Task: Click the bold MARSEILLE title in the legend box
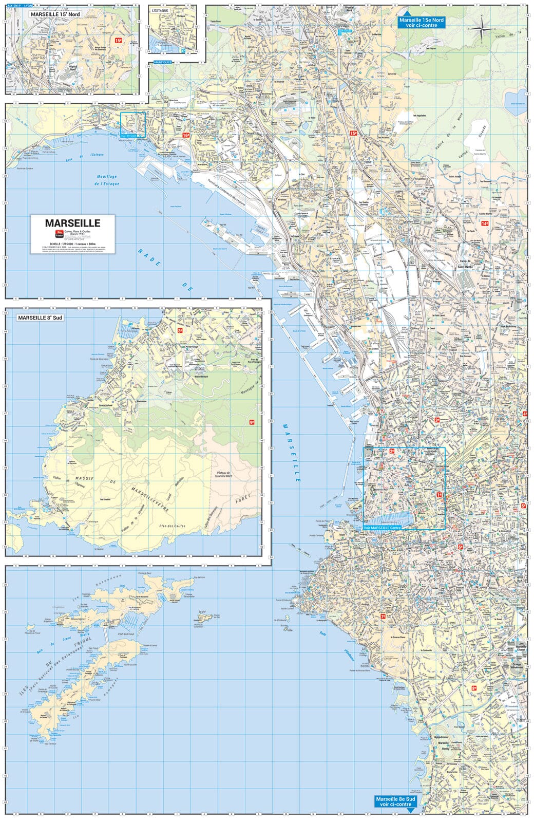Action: pyautogui.click(x=72, y=223)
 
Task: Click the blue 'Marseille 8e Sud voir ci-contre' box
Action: pyautogui.click(x=394, y=801)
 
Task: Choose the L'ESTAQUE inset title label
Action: pyautogui.click(x=160, y=10)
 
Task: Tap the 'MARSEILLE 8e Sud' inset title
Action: pyautogui.click(x=40, y=318)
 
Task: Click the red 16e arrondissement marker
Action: pyautogui.click(x=186, y=135)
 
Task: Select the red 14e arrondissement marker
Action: pyautogui.click(x=485, y=223)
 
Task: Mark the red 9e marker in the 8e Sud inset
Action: pyautogui.click(x=252, y=422)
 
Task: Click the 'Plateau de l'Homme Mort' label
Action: pyautogui.click(x=224, y=474)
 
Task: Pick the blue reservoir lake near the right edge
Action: pyautogui.click(x=514, y=98)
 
